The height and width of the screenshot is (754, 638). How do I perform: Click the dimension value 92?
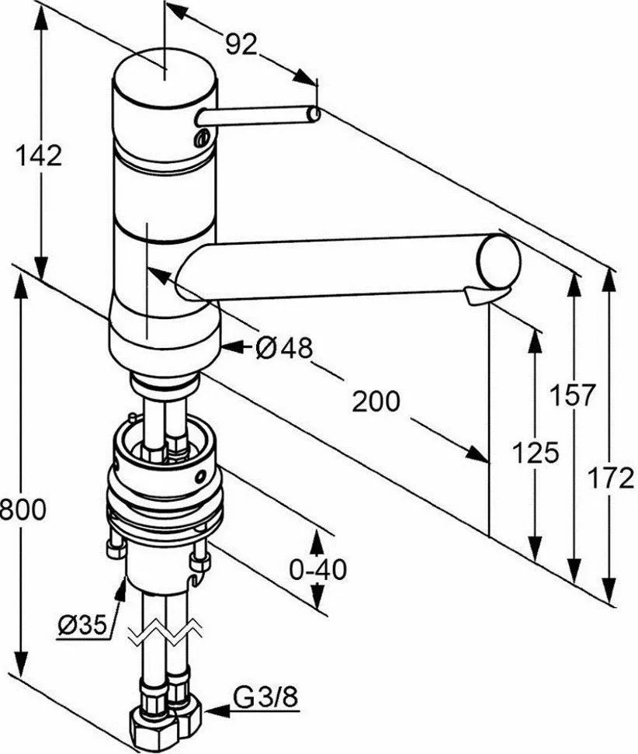pyautogui.click(x=241, y=44)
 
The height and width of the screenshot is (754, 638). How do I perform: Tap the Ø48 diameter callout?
pyautogui.click(x=283, y=350)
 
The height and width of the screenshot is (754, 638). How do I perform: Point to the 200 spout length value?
pyautogui.click(x=376, y=401)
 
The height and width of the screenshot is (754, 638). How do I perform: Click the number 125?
pyautogui.click(x=536, y=452)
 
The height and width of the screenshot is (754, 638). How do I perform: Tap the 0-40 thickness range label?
pyautogui.click(x=317, y=570)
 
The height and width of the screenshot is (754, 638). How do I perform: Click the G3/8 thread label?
pyautogui.click(x=265, y=700)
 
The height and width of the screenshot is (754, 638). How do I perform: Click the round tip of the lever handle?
pyautogui.click(x=313, y=115)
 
